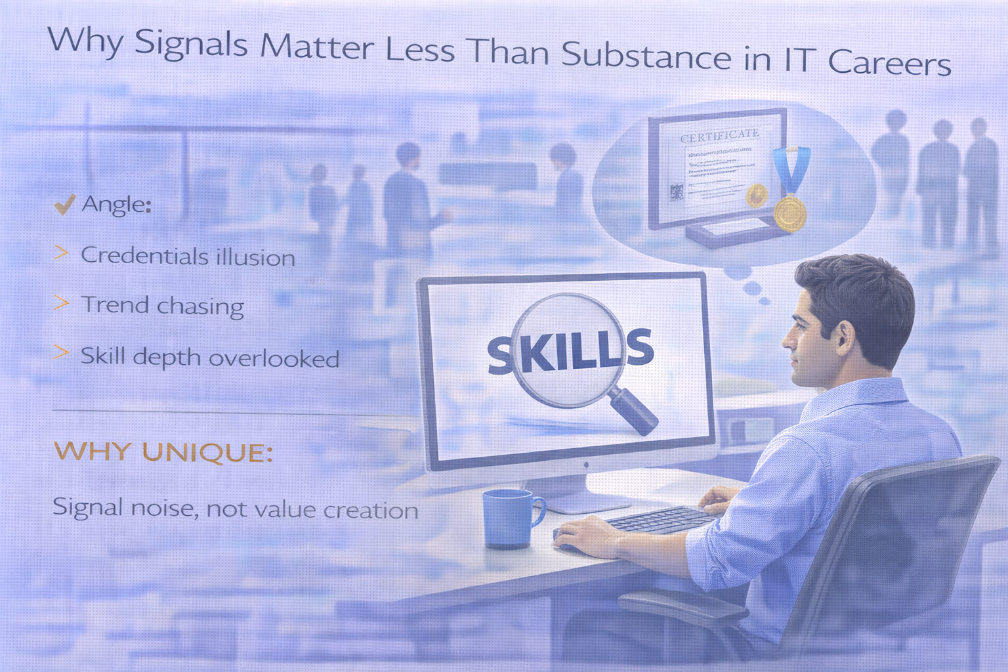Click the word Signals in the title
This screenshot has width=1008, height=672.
(x=191, y=45)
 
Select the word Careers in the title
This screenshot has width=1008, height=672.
(x=889, y=63)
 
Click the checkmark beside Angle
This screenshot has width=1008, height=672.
(x=64, y=205)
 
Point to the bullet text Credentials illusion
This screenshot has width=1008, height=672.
(x=188, y=256)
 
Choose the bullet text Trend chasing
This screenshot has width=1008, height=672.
(x=162, y=306)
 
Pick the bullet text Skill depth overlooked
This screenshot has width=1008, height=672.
(x=209, y=358)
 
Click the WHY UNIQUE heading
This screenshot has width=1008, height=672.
(x=163, y=452)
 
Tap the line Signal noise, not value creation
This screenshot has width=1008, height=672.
(x=235, y=509)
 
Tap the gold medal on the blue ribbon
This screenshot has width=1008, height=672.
(x=789, y=212)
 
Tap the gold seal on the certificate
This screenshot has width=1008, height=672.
(x=757, y=194)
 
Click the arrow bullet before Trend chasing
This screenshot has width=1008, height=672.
(x=61, y=303)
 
